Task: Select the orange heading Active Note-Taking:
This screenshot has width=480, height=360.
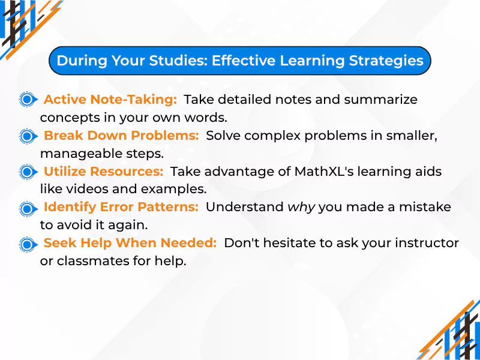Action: click(x=110, y=99)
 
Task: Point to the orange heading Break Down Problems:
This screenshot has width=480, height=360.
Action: click(x=121, y=136)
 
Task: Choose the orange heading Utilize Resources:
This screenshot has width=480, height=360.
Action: click(x=103, y=172)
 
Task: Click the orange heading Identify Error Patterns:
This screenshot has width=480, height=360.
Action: click(x=121, y=208)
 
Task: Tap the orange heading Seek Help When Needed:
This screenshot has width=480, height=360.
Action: click(x=130, y=244)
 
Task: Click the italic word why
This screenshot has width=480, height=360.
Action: click(x=301, y=208)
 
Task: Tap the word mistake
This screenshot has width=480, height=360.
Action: click(x=430, y=208)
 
